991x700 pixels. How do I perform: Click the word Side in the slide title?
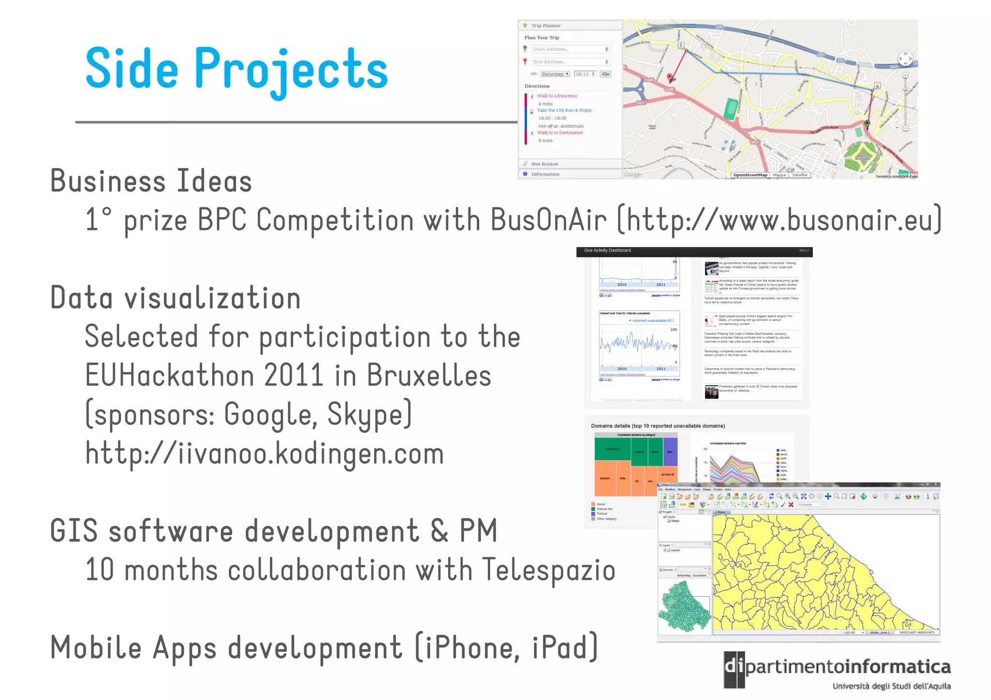(132, 69)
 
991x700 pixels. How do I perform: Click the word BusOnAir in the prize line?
(548, 220)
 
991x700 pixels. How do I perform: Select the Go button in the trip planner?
(605, 74)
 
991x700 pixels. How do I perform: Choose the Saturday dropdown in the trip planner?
(555, 74)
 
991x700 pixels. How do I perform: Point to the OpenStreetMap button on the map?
(750, 175)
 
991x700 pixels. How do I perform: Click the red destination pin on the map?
(670, 77)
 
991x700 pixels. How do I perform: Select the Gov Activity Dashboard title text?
(607, 251)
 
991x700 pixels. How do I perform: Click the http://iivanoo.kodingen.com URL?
(264, 454)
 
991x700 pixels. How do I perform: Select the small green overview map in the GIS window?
(684, 606)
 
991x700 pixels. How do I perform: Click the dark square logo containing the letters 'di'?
(734, 670)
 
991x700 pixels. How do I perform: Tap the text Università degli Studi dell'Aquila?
(891, 686)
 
